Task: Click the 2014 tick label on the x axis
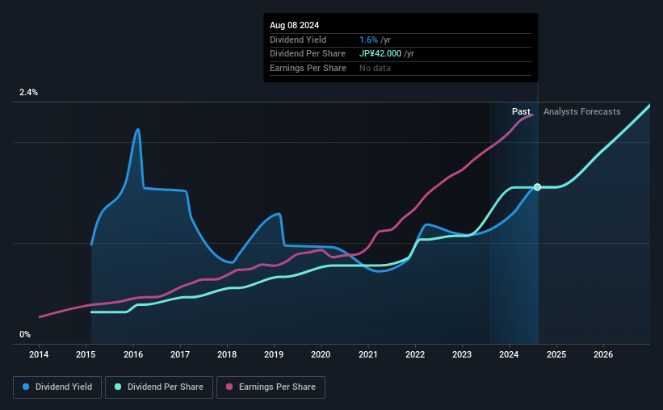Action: (x=40, y=354)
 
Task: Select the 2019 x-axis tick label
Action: (x=274, y=354)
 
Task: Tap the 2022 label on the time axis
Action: (x=415, y=354)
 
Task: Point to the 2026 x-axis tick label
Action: (x=602, y=354)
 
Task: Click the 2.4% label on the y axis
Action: (x=29, y=93)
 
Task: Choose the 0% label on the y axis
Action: (x=25, y=334)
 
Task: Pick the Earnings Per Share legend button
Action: (x=271, y=387)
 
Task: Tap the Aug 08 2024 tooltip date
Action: (x=294, y=24)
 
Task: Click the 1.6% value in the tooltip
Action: (x=368, y=40)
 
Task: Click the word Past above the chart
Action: (x=521, y=111)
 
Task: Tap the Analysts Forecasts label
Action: (x=582, y=111)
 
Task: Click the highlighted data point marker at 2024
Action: (x=537, y=187)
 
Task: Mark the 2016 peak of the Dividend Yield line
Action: (x=138, y=129)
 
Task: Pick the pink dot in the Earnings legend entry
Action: (x=229, y=387)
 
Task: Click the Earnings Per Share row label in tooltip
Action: (x=308, y=68)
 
